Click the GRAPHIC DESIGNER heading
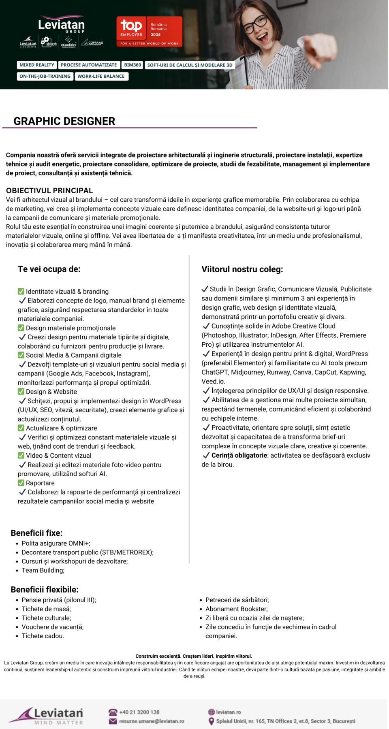point(64,121)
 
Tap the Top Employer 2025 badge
point(149,32)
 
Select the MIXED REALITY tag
point(37,65)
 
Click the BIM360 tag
point(133,65)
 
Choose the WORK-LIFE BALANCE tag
point(101,76)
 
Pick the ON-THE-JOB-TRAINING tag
point(45,76)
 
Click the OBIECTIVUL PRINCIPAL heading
point(49,190)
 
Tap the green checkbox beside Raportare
point(21,483)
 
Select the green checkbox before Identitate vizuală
point(21,291)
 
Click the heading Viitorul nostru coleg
point(242,269)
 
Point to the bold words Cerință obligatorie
point(239,455)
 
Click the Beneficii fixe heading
point(37,533)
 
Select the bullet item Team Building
point(43,570)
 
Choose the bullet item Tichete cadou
point(43,636)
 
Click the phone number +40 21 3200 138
point(139,712)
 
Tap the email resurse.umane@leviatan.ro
point(152,721)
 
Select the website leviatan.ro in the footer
point(229,712)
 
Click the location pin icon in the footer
point(211,721)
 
